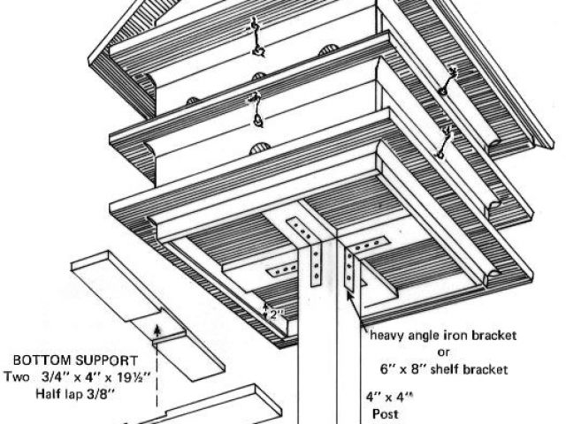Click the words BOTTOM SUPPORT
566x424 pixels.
pyautogui.click(x=74, y=361)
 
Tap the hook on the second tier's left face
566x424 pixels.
pyautogui.click(x=256, y=112)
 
